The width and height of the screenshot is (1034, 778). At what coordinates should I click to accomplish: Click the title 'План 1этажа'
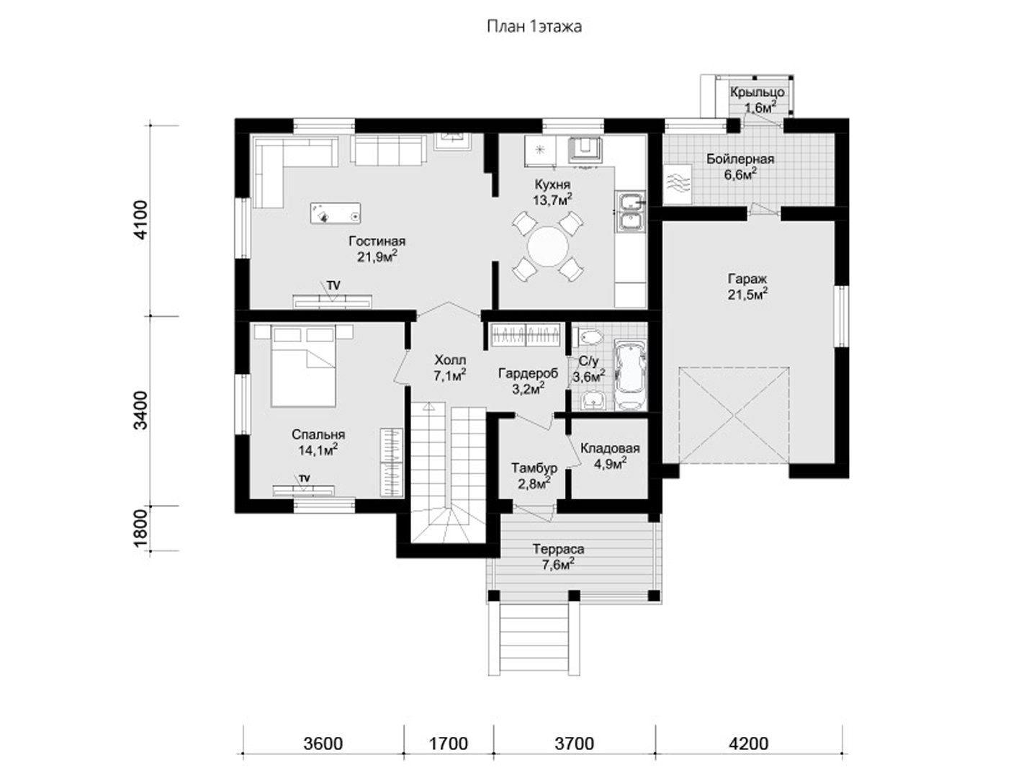534,27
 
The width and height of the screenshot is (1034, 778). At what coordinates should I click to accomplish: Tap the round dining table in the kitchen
547,246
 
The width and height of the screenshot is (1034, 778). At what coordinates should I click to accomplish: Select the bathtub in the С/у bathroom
631,375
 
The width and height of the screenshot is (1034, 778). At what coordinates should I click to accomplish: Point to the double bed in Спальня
303,366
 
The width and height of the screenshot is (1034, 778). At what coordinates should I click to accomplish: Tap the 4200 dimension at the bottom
749,743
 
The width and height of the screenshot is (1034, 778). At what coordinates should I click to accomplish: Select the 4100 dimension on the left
141,220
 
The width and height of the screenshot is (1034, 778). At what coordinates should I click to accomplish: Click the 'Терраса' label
558,549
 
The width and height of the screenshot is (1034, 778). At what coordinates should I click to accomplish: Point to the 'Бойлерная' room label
740,158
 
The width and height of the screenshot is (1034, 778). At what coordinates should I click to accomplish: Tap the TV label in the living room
333,285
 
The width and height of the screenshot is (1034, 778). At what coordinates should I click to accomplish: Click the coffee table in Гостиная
336,213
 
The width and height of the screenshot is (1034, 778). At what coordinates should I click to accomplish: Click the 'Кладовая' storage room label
610,448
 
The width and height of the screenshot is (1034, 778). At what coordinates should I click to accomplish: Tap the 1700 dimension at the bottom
449,743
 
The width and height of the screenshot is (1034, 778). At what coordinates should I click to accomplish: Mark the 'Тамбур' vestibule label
534,468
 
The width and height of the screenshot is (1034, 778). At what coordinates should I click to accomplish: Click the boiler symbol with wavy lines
678,184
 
